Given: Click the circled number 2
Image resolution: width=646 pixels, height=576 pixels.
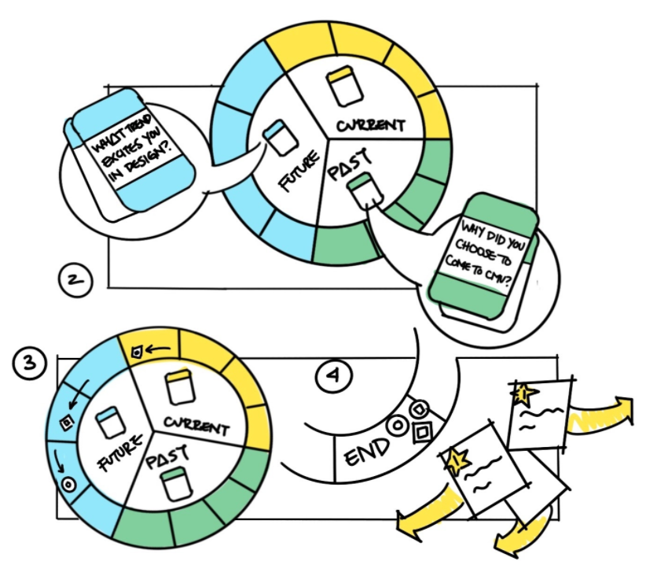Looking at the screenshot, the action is pos(75,281).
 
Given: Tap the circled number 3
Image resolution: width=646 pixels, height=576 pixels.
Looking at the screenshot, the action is pos(30,363).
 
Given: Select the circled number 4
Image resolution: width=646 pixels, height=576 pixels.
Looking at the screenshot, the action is pos(334,376).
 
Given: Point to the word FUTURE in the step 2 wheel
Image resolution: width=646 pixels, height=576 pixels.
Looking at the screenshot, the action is pos(299,171).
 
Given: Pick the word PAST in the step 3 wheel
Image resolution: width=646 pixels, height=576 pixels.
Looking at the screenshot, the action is pos(168,456).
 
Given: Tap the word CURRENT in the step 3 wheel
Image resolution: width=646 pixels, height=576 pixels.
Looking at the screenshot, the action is pos(196,426).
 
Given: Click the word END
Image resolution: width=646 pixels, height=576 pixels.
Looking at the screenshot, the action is pos(366,452).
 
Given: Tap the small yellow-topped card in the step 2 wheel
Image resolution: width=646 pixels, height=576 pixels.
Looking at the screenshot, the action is pos(345,87).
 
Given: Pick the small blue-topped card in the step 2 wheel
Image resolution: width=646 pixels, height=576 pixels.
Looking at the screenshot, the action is pos(280,138).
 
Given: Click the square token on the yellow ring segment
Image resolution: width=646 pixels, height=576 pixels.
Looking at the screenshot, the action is pos(137,353).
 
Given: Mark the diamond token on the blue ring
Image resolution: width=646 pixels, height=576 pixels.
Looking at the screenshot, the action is pos(67,422).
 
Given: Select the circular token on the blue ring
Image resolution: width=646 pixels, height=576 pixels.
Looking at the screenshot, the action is pos(68,484).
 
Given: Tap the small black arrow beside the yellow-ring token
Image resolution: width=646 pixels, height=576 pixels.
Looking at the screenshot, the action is pos(158,350).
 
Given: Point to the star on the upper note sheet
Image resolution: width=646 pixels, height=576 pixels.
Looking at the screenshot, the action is pos(523,394).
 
